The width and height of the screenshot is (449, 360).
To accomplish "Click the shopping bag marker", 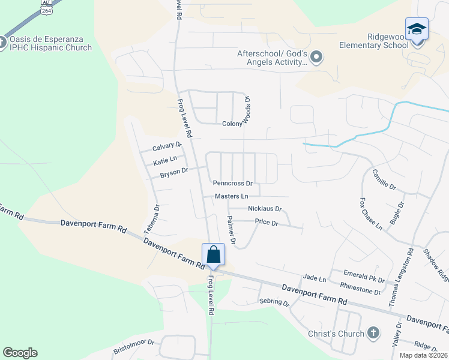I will [x=214, y=255].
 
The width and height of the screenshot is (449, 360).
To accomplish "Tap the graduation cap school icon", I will [x=417, y=29].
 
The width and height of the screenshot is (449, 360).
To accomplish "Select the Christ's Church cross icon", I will [x=373, y=333].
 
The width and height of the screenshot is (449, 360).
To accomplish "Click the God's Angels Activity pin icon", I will [x=318, y=58].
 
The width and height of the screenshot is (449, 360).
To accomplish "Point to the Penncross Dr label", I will [x=232, y=182].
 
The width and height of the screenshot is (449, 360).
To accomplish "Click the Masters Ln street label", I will [x=232, y=196].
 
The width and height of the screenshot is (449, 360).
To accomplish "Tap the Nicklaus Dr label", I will [x=264, y=209].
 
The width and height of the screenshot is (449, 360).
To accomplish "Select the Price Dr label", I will [x=267, y=222].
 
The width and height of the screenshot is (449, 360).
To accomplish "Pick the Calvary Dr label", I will [x=166, y=146].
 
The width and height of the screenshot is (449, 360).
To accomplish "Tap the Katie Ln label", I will [x=164, y=160].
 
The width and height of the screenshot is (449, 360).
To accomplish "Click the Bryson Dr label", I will [x=174, y=173].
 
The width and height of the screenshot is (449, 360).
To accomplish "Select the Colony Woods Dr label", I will [x=246, y=111].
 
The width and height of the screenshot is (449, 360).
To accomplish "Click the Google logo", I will [x=20, y=353].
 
